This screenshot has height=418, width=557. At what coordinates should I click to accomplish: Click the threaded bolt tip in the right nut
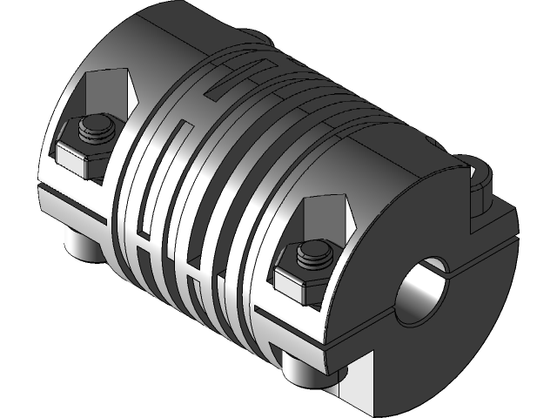[x=314, y=255]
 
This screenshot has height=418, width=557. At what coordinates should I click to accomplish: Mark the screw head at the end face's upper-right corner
[x=481, y=185]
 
